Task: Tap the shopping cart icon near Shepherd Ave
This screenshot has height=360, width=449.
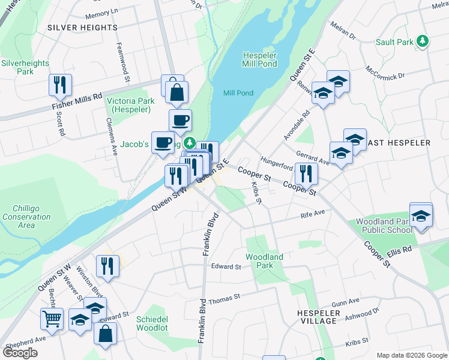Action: coord(52,319)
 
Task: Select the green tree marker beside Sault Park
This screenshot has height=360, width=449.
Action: coord(424,41)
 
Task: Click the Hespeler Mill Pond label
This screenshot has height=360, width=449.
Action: coord(259,59)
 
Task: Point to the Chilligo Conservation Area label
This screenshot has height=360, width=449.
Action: coord(18,217)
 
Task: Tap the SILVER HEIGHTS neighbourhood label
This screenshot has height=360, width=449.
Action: coord(82,28)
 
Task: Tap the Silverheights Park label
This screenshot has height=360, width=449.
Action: coord(17,67)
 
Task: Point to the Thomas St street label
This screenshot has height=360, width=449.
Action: coord(228,296)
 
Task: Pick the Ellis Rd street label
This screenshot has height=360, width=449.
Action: coord(399,250)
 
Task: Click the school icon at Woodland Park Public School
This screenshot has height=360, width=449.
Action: coord(421,214)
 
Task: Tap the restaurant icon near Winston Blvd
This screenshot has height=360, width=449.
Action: coord(107,266)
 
